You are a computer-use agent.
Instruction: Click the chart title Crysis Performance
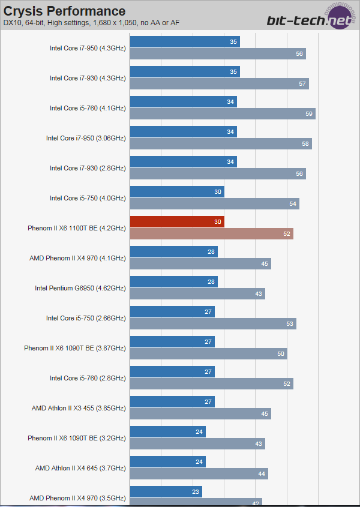[65, 11]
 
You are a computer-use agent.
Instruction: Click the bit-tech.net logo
[311, 17]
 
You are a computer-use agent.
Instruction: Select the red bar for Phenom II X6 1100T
[177, 221]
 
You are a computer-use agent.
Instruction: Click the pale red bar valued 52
[211, 233]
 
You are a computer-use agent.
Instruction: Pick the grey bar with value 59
[223, 113]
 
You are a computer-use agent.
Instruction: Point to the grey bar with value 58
[221, 143]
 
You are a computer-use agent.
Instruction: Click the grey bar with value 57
[219, 83]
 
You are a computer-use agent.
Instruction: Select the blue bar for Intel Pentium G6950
[173, 281]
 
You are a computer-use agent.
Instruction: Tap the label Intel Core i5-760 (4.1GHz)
[88, 108]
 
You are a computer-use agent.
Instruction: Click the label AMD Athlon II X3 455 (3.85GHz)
[79, 408]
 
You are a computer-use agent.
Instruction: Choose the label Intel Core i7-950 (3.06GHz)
[86, 138]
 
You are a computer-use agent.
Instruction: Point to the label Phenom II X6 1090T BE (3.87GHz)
[75, 348]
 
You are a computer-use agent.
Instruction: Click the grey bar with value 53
[213, 323]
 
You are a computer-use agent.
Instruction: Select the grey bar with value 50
[208, 353]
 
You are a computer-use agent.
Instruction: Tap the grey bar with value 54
[214, 203]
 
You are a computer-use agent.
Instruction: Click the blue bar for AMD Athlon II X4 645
[167, 461]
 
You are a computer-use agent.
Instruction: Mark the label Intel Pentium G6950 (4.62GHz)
[80, 288]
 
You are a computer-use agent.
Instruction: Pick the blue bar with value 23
[166, 491]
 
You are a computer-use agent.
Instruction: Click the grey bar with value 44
[199, 473]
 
